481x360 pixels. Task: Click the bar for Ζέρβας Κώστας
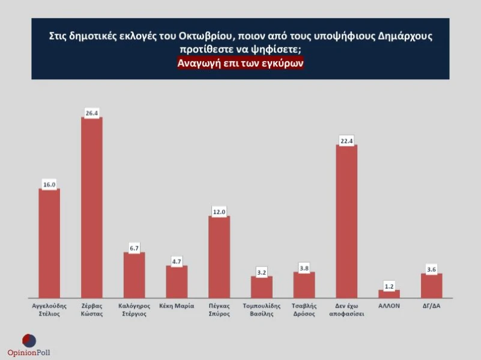(92, 207)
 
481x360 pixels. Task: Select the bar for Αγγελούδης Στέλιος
(49, 243)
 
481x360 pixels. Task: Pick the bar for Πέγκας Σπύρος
(219, 256)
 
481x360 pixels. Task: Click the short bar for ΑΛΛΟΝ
(389, 293)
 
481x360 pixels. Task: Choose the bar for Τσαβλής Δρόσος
(304, 284)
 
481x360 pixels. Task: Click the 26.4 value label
(92, 112)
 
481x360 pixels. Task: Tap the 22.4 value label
(346, 140)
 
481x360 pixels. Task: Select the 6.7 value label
(135, 247)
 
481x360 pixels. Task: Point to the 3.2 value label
(262, 271)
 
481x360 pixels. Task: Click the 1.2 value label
(389, 285)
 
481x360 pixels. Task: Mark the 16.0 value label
(49, 184)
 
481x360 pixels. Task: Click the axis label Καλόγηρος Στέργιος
(135, 310)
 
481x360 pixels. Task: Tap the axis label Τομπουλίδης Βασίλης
(262, 310)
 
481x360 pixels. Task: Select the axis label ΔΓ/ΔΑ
(431, 305)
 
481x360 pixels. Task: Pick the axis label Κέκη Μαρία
(177, 305)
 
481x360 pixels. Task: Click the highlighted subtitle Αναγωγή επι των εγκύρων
(240, 64)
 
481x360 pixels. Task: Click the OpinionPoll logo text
(29, 352)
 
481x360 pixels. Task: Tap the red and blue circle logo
(29, 340)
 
